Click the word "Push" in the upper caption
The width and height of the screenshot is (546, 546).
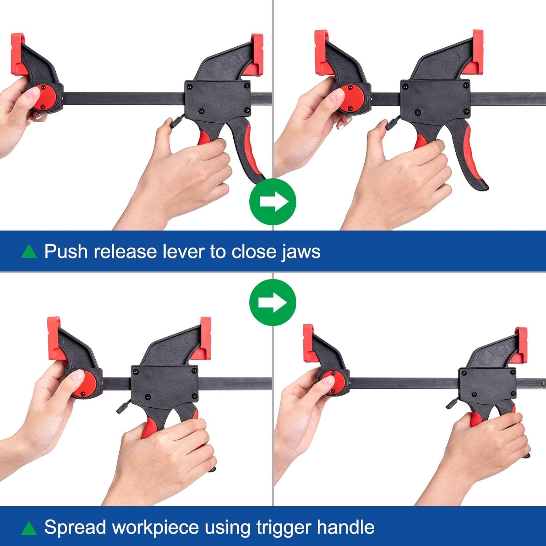(x=66, y=251)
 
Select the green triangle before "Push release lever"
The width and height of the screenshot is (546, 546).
(x=29, y=251)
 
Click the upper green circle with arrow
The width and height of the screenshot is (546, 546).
(x=273, y=202)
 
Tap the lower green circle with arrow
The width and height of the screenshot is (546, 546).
(x=273, y=302)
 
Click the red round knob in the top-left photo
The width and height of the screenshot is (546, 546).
(x=43, y=97)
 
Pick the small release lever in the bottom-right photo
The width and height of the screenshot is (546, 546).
(x=453, y=403)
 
